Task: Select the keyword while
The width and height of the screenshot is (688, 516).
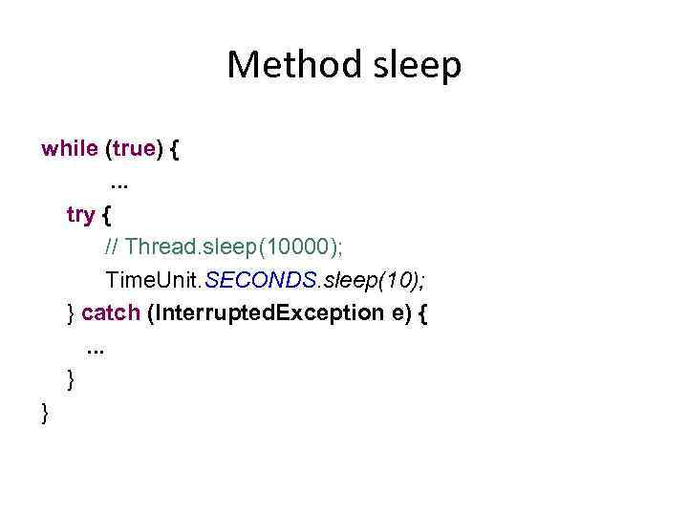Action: (70, 148)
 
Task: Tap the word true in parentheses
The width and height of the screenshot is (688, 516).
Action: (134, 148)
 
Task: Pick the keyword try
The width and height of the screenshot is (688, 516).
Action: (79, 215)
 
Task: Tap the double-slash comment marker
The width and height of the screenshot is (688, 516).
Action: (112, 247)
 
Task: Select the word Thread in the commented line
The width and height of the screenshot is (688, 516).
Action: (159, 247)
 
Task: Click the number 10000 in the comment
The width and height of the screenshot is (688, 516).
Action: (295, 247)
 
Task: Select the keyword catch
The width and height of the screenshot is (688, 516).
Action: (112, 312)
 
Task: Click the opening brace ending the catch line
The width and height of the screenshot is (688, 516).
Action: (421, 313)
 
